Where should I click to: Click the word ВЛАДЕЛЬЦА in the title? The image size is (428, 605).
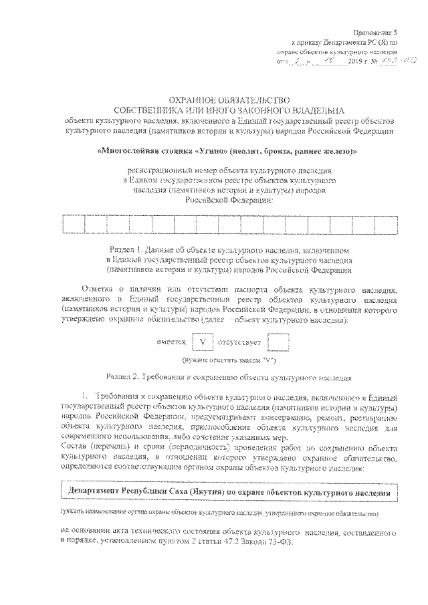[x=310, y=108]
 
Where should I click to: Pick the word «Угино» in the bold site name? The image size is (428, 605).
[x=196, y=152]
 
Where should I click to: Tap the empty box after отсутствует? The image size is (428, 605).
[x=278, y=343]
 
